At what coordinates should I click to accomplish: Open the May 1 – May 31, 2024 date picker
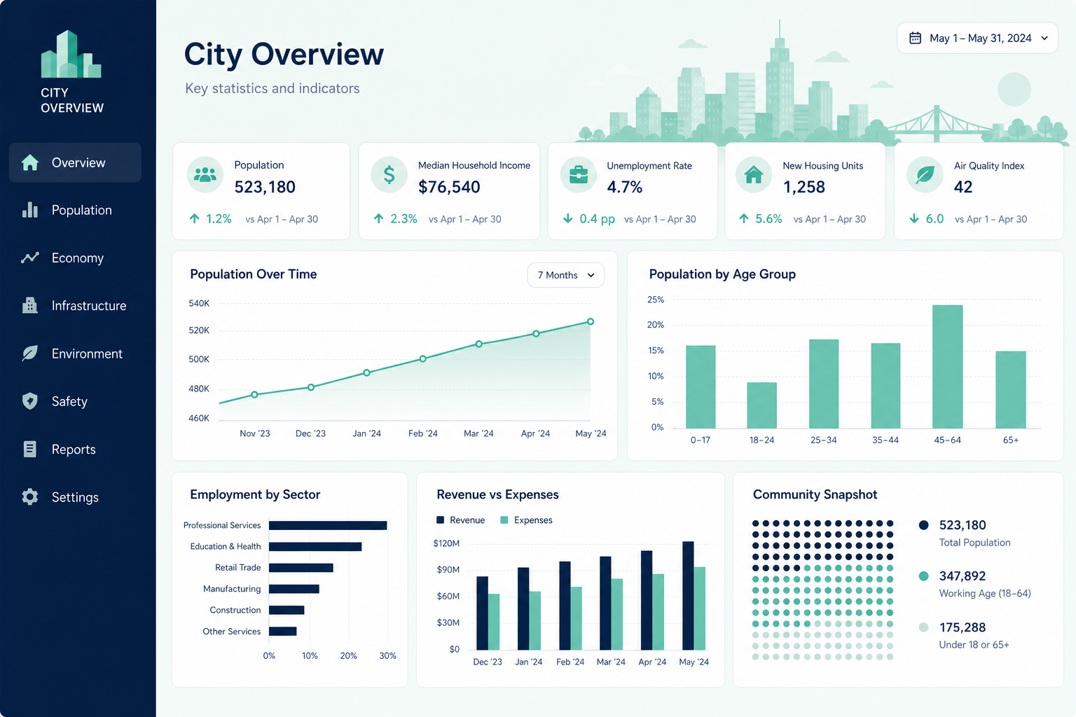[977, 38]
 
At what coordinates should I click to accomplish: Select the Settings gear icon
[30, 496]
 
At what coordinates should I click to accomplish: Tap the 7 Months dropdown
[565, 275]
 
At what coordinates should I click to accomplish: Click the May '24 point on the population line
[591, 322]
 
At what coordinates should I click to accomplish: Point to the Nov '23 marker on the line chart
[254, 395]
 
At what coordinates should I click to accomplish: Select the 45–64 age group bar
[947, 366]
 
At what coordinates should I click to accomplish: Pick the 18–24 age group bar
[762, 405]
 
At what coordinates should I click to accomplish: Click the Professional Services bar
[328, 525]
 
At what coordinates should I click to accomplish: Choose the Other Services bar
[282, 631]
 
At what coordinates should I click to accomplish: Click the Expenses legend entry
[527, 520]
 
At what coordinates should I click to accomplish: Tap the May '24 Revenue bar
[688, 595]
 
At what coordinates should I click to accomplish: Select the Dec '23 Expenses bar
[494, 622]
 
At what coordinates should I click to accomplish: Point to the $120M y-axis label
[446, 543]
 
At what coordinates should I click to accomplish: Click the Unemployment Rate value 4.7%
[624, 187]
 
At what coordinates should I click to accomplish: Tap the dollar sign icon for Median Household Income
[389, 175]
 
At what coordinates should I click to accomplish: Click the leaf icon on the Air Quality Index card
[925, 175]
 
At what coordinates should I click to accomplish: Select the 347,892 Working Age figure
[962, 576]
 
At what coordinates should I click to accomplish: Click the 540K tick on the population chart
[199, 303]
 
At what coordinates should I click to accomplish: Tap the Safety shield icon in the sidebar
[30, 401]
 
